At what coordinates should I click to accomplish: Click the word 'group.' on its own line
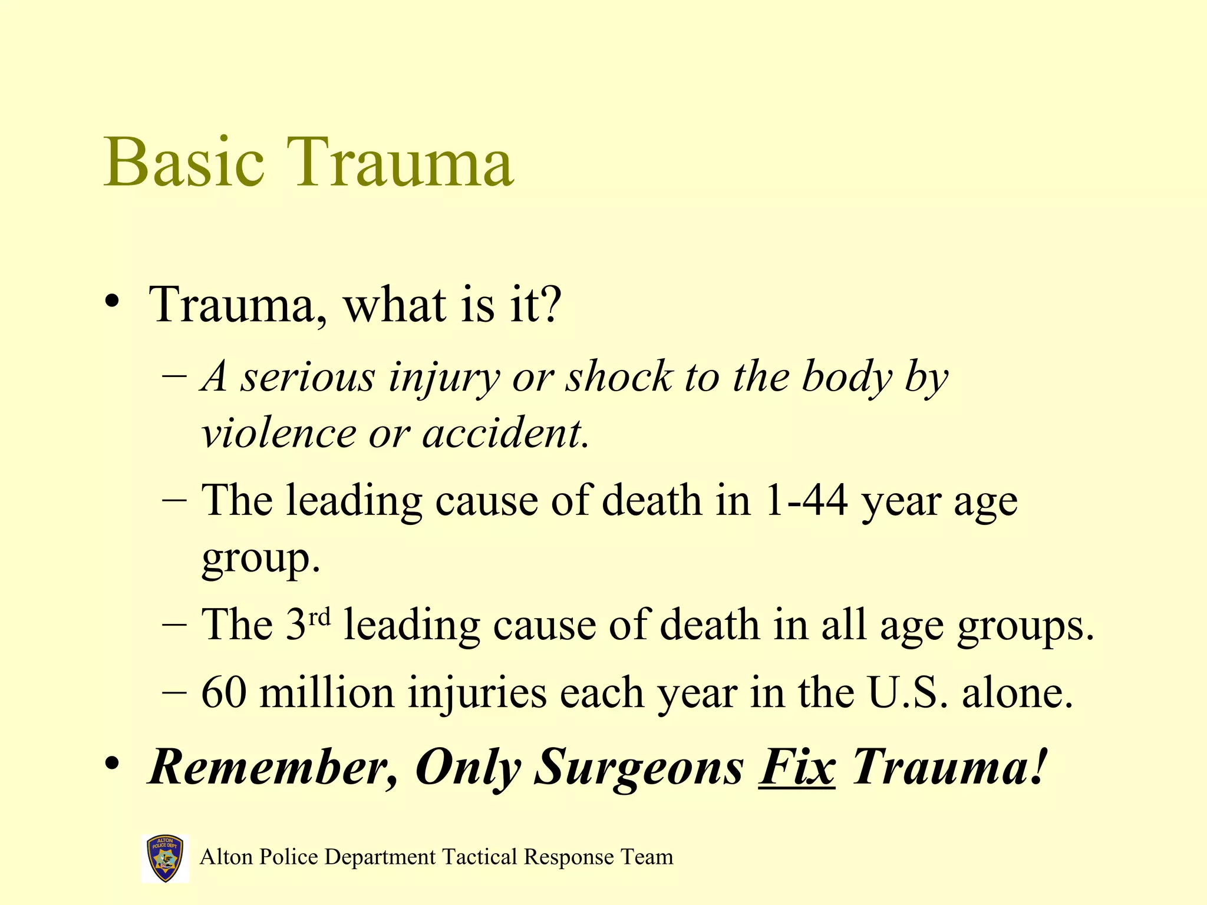260,559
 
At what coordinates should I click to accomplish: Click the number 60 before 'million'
224,692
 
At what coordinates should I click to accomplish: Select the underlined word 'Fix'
796,767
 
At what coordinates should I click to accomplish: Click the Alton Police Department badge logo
165,858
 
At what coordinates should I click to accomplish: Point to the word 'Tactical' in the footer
480,857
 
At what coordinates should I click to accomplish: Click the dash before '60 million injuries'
174,692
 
